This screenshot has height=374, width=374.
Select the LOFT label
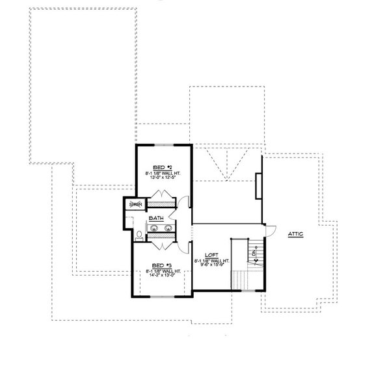point(210,256)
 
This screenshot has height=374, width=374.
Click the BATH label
point(157,219)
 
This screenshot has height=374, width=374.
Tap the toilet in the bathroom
point(139,235)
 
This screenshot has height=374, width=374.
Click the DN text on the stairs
point(255,253)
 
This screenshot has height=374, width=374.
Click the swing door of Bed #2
point(186,202)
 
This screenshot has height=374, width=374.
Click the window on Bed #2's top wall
point(163,144)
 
